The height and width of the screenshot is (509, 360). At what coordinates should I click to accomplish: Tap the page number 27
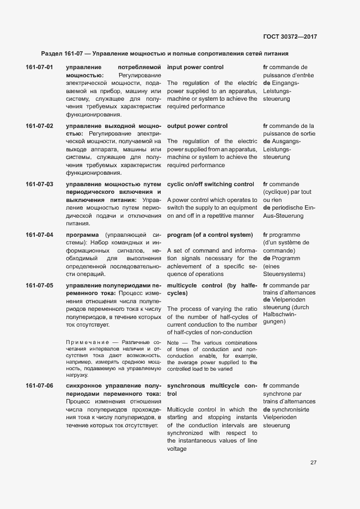tap(313, 463)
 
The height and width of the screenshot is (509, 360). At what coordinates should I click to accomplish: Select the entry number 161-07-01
tap(39, 68)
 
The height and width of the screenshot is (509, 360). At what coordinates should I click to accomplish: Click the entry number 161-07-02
tap(39, 126)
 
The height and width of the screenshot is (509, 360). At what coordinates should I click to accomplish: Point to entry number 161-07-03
tap(39, 185)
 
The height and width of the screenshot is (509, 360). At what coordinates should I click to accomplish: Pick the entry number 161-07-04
tap(39, 235)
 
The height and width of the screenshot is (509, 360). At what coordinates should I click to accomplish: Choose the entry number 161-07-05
tap(39, 286)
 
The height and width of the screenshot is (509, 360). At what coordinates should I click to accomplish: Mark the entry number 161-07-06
tap(39, 386)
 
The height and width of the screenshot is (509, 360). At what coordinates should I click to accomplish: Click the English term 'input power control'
tap(195, 68)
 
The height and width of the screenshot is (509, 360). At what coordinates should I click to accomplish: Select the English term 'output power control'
tap(197, 126)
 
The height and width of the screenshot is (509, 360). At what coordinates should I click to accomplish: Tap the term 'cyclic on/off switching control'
tap(210, 185)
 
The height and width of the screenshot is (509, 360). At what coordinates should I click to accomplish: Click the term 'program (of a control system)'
tap(210, 235)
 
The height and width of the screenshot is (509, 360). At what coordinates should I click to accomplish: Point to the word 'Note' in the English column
tap(173, 343)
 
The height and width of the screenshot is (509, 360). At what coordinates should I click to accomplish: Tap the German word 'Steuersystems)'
tap(284, 274)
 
